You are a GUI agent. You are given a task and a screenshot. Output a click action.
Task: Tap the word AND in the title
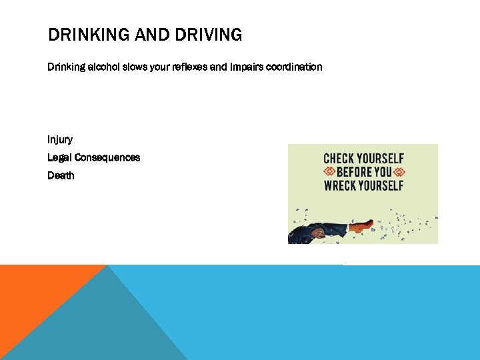pyautogui.click(x=151, y=35)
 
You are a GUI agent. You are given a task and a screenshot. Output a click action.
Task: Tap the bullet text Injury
pyautogui.click(x=60, y=140)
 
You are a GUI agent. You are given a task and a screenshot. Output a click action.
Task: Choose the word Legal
pyautogui.click(x=60, y=158)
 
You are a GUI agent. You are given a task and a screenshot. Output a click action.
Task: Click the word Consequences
pyautogui.click(x=107, y=158)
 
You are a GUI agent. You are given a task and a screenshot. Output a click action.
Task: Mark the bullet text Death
pyautogui.click(x=61, y=176)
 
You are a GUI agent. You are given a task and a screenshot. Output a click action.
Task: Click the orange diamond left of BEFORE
pyautogui.click(x=329, y=172)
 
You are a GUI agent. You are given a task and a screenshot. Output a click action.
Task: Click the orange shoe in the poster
pyautogui.click(x=363, y=226)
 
